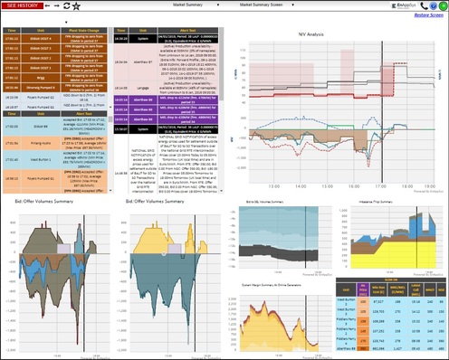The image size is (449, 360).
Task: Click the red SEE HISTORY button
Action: click(21, 5)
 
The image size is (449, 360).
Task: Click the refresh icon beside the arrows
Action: click(66, 5)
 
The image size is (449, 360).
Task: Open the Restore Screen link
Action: click(428, 15)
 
